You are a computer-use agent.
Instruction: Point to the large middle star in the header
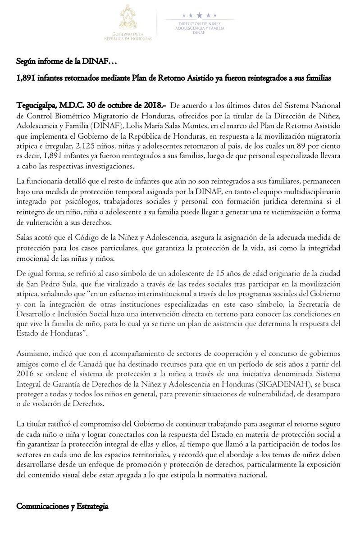click(x=199, y=15)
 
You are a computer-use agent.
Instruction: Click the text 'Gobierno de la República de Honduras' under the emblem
click(x=133, y=36)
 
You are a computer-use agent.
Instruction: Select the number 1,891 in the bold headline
click(x=26, y=77)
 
